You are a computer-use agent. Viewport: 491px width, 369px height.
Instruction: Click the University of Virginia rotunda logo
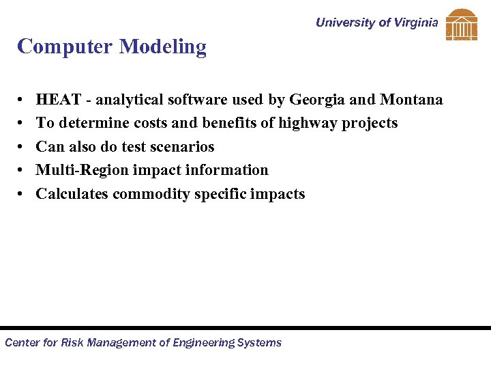[462, 25]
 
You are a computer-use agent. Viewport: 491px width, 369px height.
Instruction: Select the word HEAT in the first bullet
[57, 100]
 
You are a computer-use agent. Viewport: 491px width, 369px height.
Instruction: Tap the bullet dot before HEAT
[23, 100]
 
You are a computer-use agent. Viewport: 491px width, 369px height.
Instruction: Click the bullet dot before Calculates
[23, 194]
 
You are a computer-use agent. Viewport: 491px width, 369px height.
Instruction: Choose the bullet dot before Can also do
[23, 147]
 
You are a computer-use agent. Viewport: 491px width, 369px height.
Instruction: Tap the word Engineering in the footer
[201, 342]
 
